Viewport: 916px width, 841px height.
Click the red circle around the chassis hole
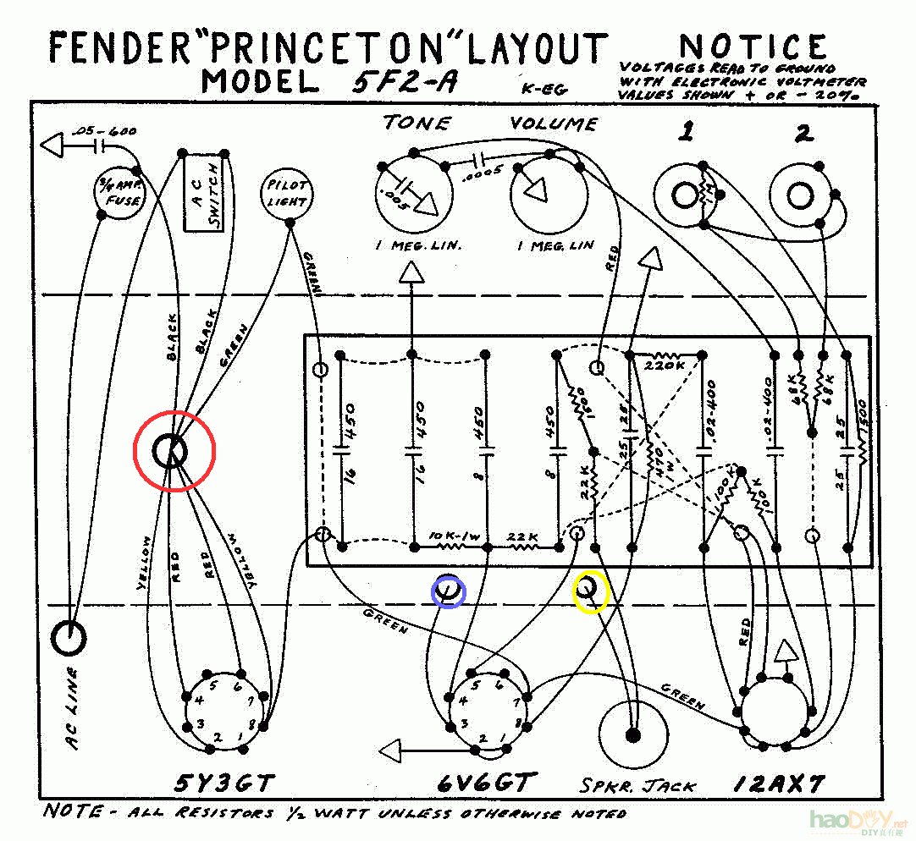click(175, 452)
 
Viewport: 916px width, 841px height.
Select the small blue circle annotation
click(448, 591)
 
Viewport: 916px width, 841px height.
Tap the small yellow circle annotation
click(590, 591)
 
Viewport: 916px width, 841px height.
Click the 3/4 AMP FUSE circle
click(118, 194)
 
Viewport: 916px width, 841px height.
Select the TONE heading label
click(417, 124)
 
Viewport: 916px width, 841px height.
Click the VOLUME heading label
click(554, 124)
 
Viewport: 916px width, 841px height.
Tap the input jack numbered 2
click(800, 195)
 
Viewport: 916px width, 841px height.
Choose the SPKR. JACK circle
click(632, 734)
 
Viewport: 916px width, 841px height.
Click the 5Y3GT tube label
click(224, 783)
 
